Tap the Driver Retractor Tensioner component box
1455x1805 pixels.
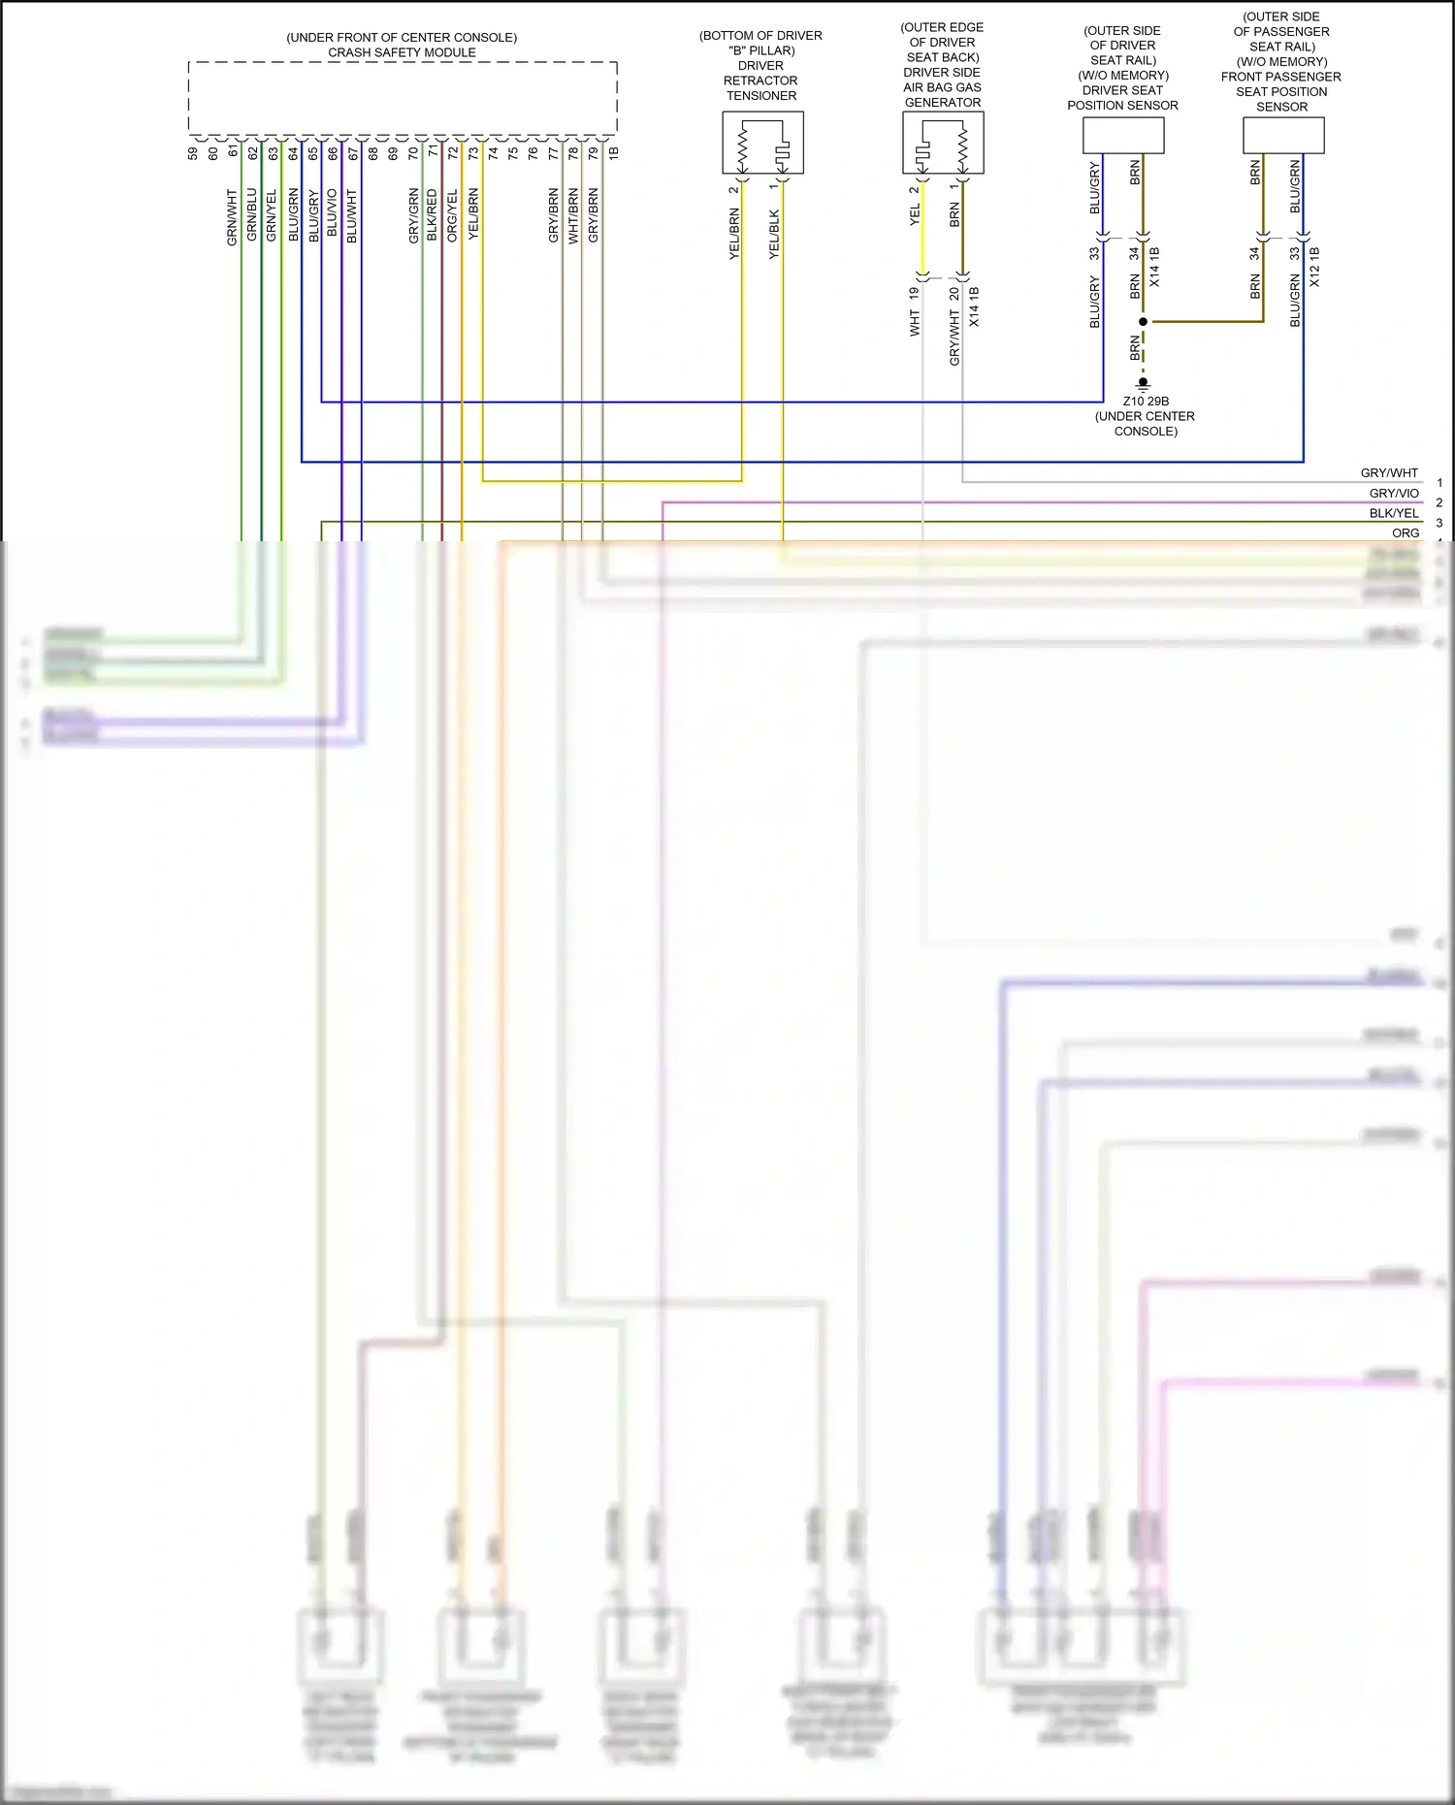tap(762, 143)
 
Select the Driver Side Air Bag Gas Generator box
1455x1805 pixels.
tap(943, 143)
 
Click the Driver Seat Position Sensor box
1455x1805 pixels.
tap(1123, 136)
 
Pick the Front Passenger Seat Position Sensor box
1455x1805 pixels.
tap(1283, 136)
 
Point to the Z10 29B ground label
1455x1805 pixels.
tap(1146, 402)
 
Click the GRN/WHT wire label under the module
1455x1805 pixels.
tap(232, 217)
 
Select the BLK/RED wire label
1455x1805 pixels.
tap(432, 215)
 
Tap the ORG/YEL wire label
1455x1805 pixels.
tap(452, 215)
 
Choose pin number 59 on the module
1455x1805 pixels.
tap(193, 153)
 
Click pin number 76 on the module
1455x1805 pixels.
tap(533, 153)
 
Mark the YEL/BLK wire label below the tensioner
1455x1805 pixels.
tap(774, 234)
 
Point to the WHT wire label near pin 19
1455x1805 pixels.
tap(915, 323)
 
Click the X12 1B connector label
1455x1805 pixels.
tap(1314, 267)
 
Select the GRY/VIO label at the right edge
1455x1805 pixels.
tap(1394, 494)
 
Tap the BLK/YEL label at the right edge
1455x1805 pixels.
tap(1394, 513)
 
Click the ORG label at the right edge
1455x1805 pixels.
tap(1406, 532)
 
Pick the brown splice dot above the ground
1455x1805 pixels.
tap(1144, 321)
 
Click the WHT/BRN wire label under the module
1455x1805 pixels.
tap(573, 216)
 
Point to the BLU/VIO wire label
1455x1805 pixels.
tap(332, 212)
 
